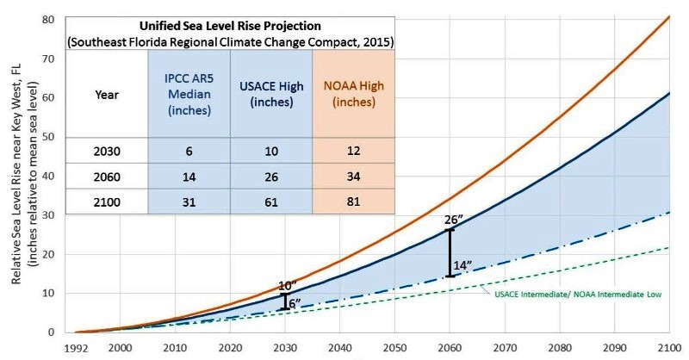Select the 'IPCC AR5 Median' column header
point(190,94)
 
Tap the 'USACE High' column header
point(271,94)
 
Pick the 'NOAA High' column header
point(354,94)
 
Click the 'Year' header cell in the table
point(107,95)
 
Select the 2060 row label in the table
point(107,175)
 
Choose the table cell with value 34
point(354,175)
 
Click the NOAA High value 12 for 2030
point(354,150)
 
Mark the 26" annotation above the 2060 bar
point(452,220)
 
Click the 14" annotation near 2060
point(462,265)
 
